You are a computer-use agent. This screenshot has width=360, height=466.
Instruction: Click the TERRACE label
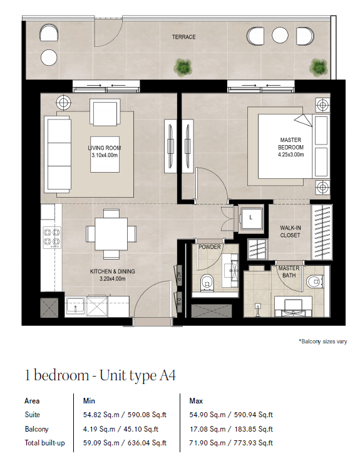coord(183,37)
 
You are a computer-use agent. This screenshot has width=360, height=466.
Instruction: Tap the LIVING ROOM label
coord(104,148)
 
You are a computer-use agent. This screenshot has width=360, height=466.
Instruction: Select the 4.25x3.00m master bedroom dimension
coord(291,154)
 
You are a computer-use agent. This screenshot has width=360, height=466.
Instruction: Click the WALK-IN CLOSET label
coord(290,231)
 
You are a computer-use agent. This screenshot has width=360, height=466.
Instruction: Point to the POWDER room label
coord(210,247)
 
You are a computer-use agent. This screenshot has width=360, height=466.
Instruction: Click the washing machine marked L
coord(252,218)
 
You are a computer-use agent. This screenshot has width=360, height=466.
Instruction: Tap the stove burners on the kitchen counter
coord(52,238)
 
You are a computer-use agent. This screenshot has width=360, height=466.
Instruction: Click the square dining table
coord(111,234)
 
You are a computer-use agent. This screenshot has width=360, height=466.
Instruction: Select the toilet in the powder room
coord(207,283)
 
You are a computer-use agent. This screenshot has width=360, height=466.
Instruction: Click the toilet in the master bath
coord(314,281)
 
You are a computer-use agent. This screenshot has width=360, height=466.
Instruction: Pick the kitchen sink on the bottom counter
coord(75,306)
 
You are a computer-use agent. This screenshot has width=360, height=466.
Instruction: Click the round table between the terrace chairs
coord(280,35)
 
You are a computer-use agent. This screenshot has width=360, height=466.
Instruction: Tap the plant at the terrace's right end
coord(318,68)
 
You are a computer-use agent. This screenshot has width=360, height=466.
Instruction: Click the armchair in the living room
coord(105,113)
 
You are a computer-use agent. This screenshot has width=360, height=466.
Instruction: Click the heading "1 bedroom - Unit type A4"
coord(100,375)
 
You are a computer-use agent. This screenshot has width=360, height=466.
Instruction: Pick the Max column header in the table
coord(196,401)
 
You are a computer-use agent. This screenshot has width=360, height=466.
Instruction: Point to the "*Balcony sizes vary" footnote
coord(323,342)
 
